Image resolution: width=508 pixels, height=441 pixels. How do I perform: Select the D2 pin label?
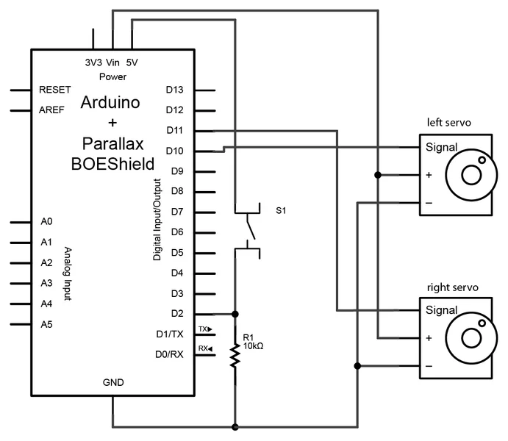(176, 314)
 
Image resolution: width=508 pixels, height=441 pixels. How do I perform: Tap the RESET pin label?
(54, 90)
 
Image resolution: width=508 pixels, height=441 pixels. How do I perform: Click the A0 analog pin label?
(46, 221)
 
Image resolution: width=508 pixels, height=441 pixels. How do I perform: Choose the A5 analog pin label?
(46, 324)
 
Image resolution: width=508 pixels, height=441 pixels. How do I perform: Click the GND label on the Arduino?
(113, 383)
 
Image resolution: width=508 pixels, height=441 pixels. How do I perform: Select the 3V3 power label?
(93, 63)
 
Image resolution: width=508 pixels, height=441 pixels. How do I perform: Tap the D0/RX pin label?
(169, 354)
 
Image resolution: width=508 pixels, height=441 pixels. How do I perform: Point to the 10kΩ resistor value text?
(252, 345)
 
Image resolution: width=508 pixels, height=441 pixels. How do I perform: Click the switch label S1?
(281, 211)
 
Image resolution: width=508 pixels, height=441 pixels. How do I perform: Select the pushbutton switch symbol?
(248, 232)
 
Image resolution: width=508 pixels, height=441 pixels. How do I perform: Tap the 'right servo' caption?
(449, 286)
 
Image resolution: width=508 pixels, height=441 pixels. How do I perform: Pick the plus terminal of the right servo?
(429, 339)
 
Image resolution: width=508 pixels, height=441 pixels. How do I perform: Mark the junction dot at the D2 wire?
(235, 314)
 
